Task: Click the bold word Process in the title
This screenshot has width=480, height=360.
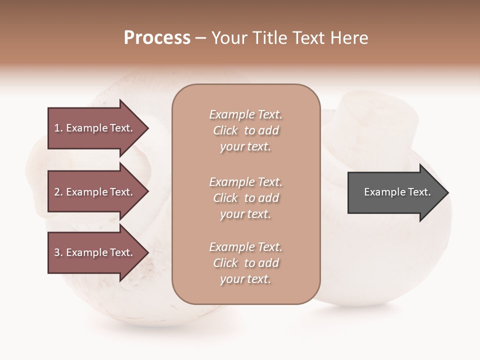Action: click(x=157, y=38)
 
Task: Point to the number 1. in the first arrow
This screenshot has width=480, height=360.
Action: click(x=58, y=128)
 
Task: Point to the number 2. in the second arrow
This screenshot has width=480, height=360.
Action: click(x=58, y=192)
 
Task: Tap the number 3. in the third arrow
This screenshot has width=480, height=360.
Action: click(x=58, y=253)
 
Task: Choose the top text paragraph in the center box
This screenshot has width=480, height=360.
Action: click(x=245, y=130)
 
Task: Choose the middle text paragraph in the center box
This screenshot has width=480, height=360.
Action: click(x=245, y=198)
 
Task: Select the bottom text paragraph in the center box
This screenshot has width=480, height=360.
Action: click(x=245, y=263)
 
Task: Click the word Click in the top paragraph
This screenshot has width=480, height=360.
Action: click(x=225, y=131)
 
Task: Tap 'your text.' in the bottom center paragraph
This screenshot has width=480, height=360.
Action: click(x=245, y=279)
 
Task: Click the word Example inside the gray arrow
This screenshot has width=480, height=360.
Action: click(x=381, y=192)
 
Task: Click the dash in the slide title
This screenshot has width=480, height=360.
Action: click(x=200, y=38)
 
